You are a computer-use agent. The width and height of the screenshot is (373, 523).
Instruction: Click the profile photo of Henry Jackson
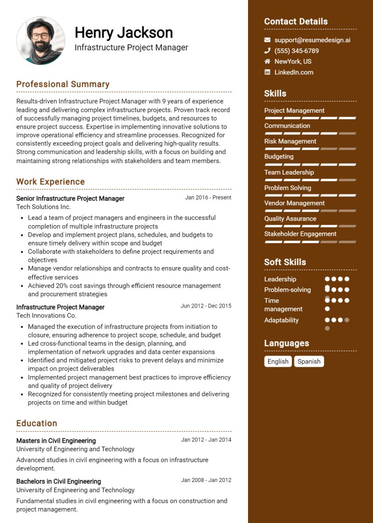click(x=41, y=41)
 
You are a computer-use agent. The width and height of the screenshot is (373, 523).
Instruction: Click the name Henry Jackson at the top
click(x=124, y=33)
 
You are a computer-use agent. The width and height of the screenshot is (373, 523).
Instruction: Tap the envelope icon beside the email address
click(x=267, y=40)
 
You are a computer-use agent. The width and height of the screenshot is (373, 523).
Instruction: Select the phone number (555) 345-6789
click(x=297, y=51)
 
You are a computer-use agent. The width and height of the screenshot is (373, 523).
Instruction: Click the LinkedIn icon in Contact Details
click(x=267, y=72)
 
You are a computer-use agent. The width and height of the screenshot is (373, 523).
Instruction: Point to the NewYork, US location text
click(x=293, y=62)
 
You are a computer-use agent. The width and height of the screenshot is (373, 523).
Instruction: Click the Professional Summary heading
click(x=63, y=84)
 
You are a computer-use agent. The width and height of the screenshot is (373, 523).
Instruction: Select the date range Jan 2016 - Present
click(x=208, y=198)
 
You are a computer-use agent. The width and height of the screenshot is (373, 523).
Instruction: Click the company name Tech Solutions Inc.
click(x=43, y=207)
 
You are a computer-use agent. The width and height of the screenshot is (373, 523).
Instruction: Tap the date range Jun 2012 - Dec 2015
click(x=206, y=306)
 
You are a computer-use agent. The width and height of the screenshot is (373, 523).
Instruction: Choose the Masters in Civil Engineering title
click(x=56, y=440)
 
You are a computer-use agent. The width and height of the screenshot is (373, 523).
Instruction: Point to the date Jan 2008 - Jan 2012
click(x=206, y=480)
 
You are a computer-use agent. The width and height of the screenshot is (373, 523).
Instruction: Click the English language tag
click(x=278, y=361)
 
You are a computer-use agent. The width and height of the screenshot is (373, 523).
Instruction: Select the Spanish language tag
click(x=309, y=361)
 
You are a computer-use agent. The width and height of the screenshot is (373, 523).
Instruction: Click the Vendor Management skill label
click(x=294, y=203)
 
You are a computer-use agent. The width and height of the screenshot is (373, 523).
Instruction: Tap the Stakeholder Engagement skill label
click(x=300, y=234)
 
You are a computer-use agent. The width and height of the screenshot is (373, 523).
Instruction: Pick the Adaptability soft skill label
click(x=281, y=320)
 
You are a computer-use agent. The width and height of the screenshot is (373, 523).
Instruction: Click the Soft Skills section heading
click(x=285, y=262)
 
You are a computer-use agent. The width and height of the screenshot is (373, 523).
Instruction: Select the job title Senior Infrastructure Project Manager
click(x=70, y=199)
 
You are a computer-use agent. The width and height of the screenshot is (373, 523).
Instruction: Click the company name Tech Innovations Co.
click(x=46, y=316)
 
